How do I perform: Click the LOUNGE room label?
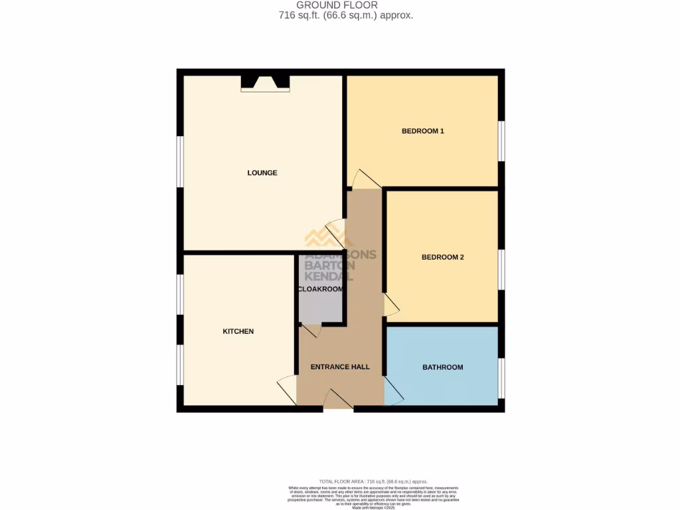click(x=262, y=173)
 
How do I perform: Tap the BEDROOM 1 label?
click(x=422, y=131)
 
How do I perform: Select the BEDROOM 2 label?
click(x=442, y=257)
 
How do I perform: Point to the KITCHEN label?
click(x=238, y=331)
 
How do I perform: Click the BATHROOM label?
click(x=443, y=367)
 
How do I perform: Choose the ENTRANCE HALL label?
click(x=340, y=367)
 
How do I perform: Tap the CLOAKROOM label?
click(x=321, y=290)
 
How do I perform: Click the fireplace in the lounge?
click(x=265, y=83)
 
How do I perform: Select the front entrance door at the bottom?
click(x=338, y=400)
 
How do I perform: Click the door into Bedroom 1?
click(x=365, y=180)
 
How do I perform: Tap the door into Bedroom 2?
click(x=392, y=304)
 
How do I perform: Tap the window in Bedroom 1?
click(x=502, y=141)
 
